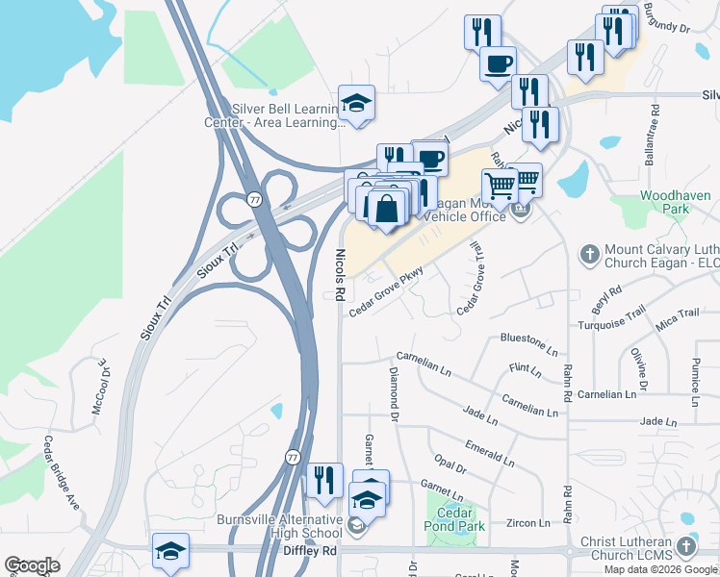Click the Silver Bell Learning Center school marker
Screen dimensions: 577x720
coord(356,105)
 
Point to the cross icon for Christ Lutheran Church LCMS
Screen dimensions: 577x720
coord(685,547)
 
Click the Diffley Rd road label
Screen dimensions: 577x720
coord(310,551)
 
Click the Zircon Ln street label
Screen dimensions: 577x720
coord(530,522)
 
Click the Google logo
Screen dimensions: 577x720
coord(32,565)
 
